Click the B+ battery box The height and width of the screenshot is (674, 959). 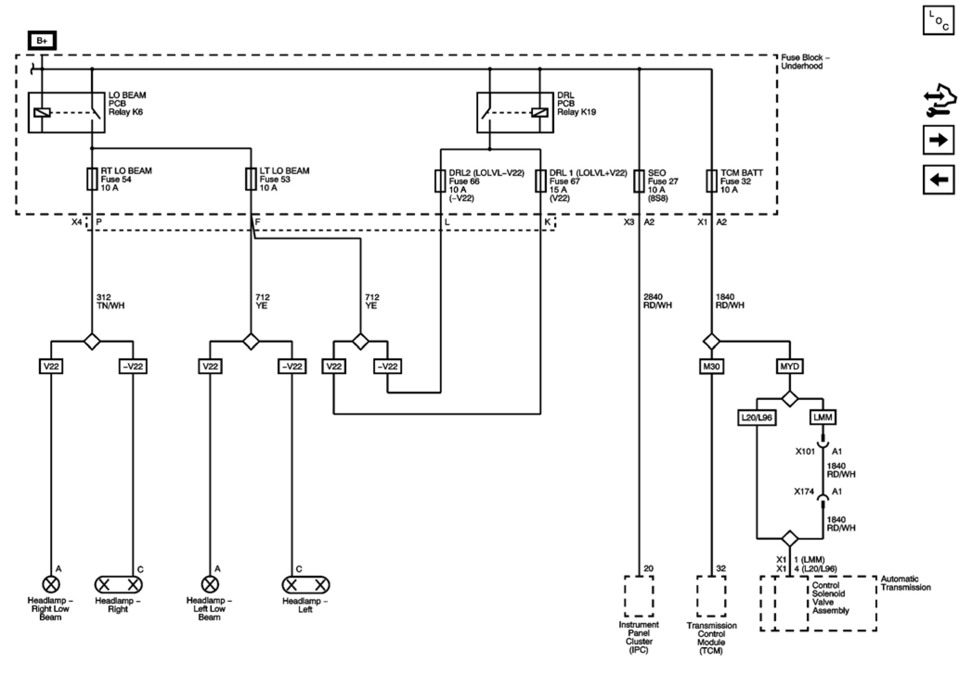42,41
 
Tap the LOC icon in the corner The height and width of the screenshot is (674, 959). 939,20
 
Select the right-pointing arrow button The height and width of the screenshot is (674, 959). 939,140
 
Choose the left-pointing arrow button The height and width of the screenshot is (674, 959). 939,179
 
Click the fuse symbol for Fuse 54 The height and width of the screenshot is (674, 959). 92,179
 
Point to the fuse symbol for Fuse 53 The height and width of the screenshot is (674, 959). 251,179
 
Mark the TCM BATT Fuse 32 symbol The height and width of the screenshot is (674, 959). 711,181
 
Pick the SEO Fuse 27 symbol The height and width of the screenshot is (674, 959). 639,181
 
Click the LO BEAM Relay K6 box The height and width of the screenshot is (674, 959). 66,113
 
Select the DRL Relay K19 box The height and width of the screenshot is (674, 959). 515,113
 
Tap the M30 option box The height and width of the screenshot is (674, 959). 711,367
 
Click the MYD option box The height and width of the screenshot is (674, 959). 789,367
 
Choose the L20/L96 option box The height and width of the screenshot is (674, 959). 757,418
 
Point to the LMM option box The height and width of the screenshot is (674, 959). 823,417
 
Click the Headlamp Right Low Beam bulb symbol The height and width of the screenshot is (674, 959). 51,584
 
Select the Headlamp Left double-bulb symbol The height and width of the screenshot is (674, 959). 306,585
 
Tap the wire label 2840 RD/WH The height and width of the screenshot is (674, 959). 657,301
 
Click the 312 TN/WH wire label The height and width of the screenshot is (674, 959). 110,301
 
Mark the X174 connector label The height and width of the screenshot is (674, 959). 804,491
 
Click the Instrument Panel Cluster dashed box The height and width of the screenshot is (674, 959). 639,597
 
